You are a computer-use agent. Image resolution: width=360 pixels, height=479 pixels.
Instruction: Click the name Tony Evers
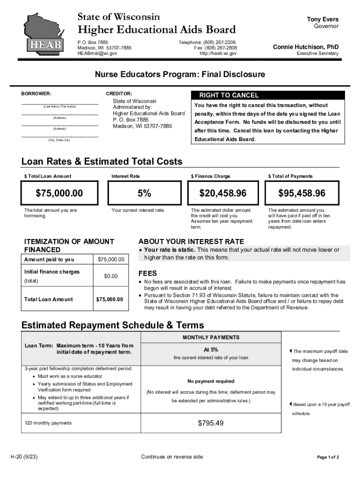click(x=323, y=19)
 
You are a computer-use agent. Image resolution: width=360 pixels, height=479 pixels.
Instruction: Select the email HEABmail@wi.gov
click(x=97, y=53)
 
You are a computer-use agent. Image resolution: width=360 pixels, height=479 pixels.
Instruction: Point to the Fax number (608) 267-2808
click(x=215, y=48)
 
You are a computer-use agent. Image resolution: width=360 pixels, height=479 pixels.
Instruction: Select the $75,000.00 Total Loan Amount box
click(x=59, y=193)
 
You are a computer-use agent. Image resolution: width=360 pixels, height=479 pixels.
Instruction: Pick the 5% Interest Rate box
click(x=144, y=193)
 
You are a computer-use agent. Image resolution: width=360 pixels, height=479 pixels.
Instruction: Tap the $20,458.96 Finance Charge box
click(x=223, y=193)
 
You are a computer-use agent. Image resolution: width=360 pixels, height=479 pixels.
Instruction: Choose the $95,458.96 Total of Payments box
click(x=302, y=193)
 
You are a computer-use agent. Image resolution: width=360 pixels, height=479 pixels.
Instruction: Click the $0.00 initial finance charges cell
click(x=111, y=276)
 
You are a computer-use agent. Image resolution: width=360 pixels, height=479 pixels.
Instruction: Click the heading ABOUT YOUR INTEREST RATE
click(x=191, y=241)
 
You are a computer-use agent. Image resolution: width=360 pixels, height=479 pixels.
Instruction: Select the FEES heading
click(x=148, y=273)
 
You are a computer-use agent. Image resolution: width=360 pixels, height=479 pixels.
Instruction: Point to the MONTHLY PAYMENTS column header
click(x=211, y=337)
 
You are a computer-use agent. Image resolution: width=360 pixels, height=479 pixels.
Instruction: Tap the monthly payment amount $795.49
click(x=211, y=423)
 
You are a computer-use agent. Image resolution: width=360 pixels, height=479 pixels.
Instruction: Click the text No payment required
click(x=211, y=381)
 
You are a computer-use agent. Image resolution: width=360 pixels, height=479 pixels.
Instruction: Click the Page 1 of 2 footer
click(x=328, y=457)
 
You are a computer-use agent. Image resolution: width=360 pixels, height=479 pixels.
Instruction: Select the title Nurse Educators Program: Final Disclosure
click(x=180, y=74)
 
